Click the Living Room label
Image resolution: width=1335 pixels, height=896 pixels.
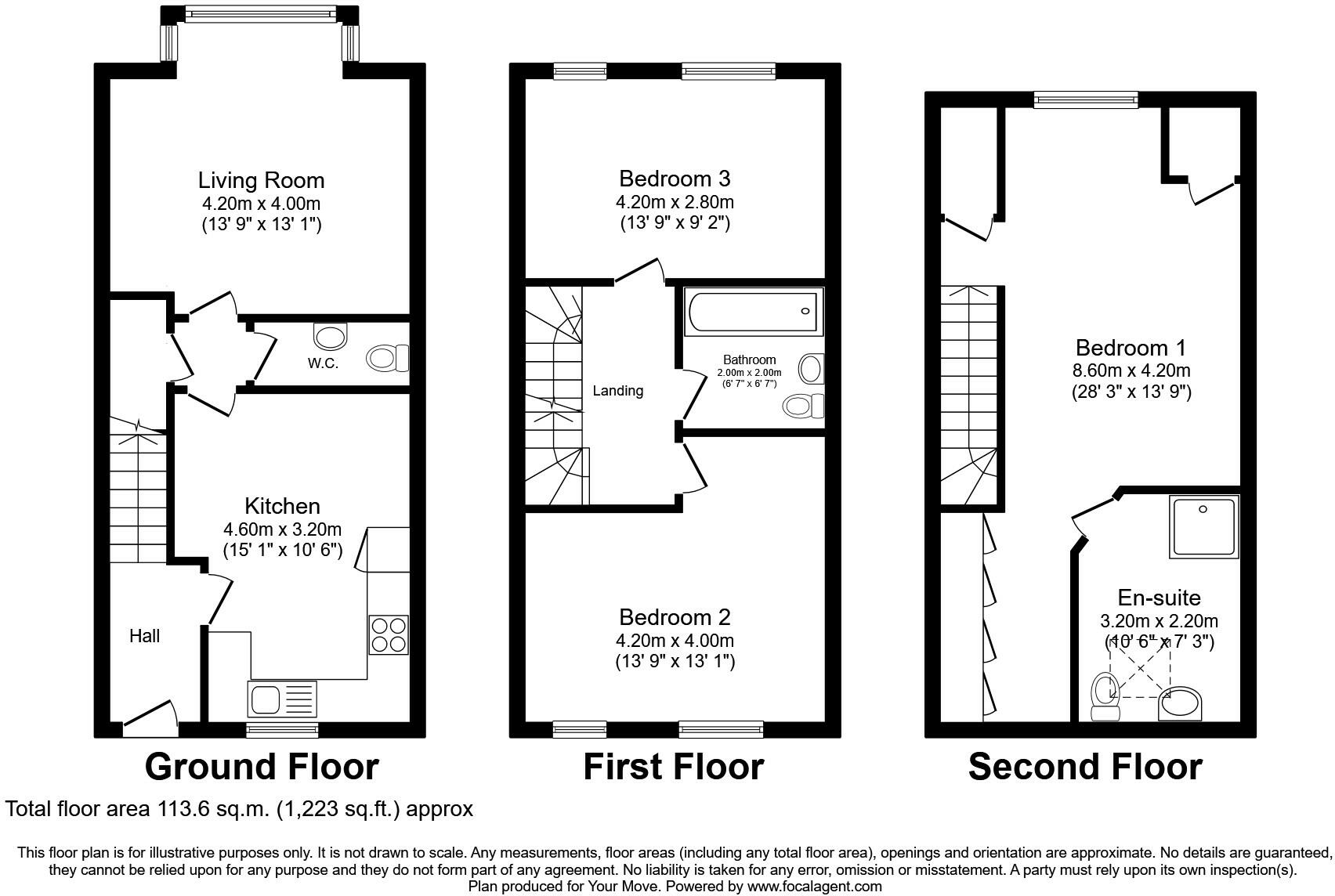pos(261,180)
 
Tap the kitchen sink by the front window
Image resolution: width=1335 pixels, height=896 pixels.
pos(283,699)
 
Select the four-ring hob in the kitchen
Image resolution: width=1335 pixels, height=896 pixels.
pos(389,634)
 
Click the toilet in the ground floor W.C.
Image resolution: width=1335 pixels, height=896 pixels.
pos(387,359)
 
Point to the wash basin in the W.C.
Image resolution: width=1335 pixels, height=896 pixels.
pos(330,335)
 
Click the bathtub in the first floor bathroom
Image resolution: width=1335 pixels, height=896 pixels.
pos(753,312)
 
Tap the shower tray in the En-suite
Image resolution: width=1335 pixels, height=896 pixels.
pos(1204,526)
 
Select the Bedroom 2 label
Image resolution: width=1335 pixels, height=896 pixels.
pos(674,617)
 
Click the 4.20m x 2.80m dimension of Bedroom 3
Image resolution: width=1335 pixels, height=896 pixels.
pos(674,202)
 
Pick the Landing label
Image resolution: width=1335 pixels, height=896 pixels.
pos(617,391)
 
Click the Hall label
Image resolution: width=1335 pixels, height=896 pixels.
pos(144,636)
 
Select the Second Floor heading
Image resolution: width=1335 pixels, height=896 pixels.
pos(1084,767)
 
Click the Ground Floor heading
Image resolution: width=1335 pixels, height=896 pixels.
pos(261,767)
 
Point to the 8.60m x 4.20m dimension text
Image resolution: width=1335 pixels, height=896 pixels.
pos(1131,370)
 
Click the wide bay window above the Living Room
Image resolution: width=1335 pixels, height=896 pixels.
pos(259,13)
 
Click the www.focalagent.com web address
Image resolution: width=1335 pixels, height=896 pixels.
pos(814,887)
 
